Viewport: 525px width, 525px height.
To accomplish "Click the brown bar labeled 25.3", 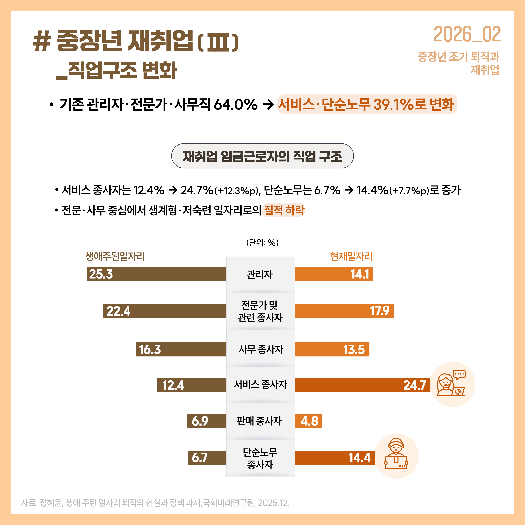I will pos(156,274).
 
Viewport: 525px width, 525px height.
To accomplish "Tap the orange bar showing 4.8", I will pos(308,421).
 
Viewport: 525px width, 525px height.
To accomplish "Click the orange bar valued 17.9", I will pos(344,311).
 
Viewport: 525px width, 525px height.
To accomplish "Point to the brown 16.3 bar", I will pos(181,349).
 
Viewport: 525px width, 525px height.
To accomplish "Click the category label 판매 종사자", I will pos(260,421).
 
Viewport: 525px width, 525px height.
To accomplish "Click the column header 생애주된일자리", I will pos(115,256).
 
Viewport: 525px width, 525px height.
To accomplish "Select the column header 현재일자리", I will pos(351,256).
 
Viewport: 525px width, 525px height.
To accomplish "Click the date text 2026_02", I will pos(467,35).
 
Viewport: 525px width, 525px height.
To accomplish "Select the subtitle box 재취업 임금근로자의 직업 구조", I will pos(262,156).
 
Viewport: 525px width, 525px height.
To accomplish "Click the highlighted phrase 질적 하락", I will pos(284,210).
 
